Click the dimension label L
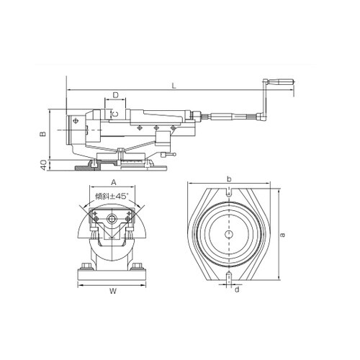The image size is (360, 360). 174,86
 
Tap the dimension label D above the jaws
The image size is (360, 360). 116,95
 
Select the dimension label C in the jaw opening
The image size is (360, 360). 115,114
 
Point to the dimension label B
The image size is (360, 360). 42,134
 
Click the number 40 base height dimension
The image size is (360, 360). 43,165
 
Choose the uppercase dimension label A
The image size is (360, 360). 114,182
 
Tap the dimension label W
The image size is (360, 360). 113,291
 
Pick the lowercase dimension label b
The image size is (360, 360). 229,179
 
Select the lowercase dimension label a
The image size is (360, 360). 283,234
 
